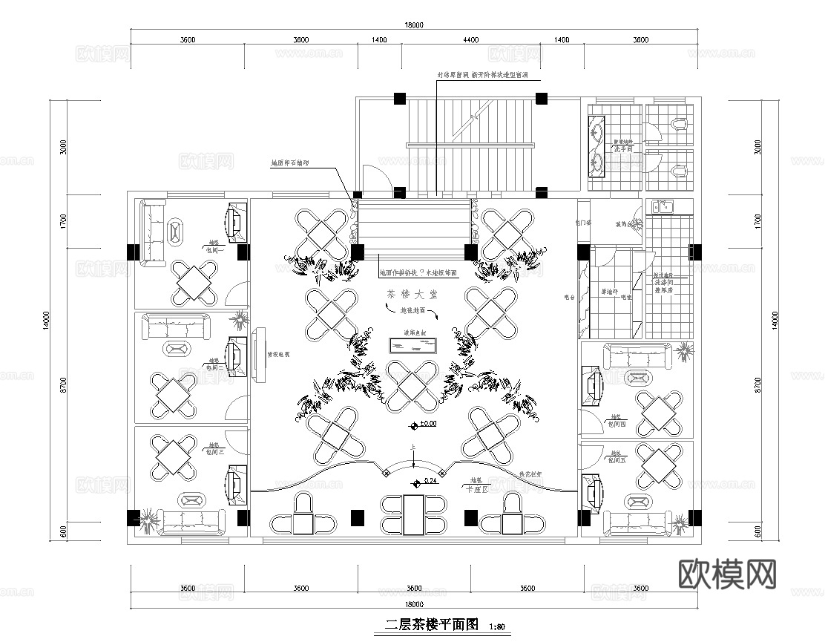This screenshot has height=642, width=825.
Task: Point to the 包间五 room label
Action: pos(617,460)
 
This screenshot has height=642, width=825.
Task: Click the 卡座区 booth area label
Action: pos(475,489)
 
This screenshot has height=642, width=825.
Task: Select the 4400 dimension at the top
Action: pos(470,40)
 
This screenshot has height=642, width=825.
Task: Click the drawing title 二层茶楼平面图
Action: pos(431,625)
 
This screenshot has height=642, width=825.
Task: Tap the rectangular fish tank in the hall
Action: pos(412,345)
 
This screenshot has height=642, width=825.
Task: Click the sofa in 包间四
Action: pos(637,356)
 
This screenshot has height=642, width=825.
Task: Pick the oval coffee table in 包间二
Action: pos(176,350)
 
